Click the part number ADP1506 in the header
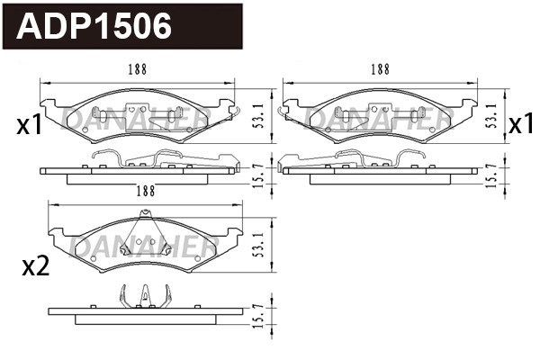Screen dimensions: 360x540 95,27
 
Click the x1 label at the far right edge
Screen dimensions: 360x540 521,124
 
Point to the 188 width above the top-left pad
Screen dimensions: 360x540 137,69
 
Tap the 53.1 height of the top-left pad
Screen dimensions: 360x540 259,115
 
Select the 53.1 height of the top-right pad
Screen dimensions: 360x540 491,115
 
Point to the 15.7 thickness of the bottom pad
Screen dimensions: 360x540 259,316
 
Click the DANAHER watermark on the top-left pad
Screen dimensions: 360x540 135,115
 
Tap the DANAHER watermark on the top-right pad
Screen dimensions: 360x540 378,115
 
